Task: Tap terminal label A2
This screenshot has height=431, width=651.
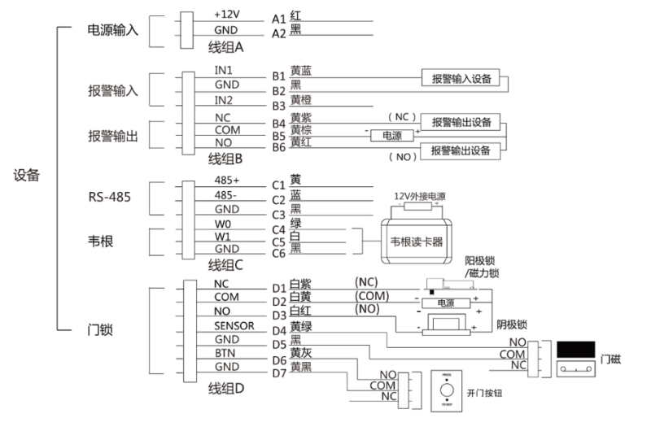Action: click(x=279, y=33)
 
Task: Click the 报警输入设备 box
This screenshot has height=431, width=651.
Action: click(x=460, y=78)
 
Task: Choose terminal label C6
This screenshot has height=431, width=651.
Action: click(x=279, y=253)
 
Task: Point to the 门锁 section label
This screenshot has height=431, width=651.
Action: click(x=99, y=331)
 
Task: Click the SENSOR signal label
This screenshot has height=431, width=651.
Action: click(x=235, y=325)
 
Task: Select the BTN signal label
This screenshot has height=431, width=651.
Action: click(x=225, y=355)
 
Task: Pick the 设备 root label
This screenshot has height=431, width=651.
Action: click(x=27, y=174)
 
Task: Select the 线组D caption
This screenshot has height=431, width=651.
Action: click(x=229, y=387)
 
